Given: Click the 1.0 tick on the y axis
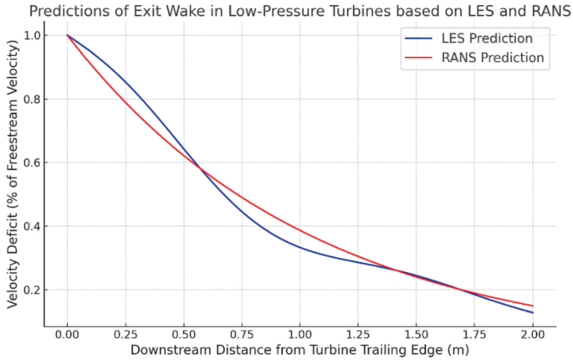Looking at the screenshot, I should click(32, 35).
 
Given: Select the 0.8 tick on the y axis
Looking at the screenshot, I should click(32, 99).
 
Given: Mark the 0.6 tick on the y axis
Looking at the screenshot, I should click(32, 162).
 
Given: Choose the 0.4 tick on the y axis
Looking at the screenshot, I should click(32, 226).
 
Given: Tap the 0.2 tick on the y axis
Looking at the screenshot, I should click(32, 290).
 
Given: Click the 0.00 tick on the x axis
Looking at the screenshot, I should click(68, 332).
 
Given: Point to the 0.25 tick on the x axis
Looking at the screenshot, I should click(125, 332).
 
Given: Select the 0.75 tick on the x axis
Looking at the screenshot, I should click(242, 332).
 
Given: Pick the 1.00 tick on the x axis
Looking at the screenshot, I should click(299, 332).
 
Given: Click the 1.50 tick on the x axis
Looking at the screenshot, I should click(416, 332).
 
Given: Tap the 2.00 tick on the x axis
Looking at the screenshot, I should click(532, 332).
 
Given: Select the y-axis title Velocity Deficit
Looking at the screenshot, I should click(12, 167).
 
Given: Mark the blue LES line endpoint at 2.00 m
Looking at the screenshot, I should click(532, 313).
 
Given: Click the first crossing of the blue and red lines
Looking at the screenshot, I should click(201, 168).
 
